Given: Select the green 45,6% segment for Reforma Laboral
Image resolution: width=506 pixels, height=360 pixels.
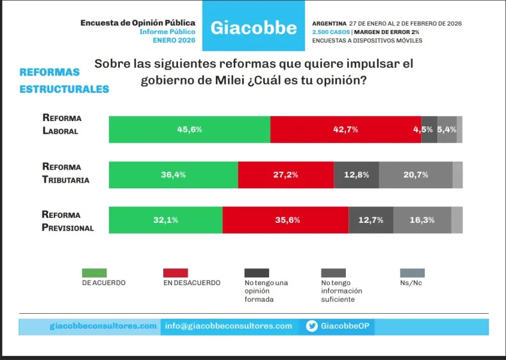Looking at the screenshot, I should coord(190,129).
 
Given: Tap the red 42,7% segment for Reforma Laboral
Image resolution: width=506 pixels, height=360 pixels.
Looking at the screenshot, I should coord(345,129).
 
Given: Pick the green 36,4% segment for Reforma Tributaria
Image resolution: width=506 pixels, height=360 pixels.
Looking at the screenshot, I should coord(174,175).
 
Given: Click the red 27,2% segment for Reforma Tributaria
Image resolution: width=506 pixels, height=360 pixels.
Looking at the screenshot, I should coord(286,175).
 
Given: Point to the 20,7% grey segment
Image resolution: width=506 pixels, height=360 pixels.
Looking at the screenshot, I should coord(416,175).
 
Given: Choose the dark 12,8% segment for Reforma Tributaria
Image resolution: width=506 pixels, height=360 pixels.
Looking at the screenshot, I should coord(356,175).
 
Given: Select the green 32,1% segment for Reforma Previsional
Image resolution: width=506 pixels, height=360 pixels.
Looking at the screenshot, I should coord(166,220).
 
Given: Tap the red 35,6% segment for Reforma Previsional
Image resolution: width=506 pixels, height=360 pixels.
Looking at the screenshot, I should coord(286,220).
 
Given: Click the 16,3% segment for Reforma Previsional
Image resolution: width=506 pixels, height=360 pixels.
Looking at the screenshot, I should coord(422,220).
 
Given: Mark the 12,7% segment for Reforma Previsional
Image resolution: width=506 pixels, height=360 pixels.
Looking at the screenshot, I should coord(371,220).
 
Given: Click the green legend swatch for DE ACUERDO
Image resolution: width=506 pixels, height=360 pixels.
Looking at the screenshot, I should coord(95,272).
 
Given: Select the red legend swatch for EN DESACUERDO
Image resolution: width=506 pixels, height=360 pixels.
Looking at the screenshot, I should coord(175,272).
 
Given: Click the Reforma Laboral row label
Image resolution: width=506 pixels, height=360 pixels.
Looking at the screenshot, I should coord(61,124).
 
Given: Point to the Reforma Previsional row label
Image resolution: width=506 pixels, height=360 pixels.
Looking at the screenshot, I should coord(67,220).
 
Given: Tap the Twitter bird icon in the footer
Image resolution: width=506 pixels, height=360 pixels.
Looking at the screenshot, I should coord(312,326).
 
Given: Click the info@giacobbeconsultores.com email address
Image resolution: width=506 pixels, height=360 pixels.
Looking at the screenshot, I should coord(228,326).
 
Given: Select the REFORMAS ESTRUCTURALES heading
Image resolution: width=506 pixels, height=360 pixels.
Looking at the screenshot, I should coord(64,81).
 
